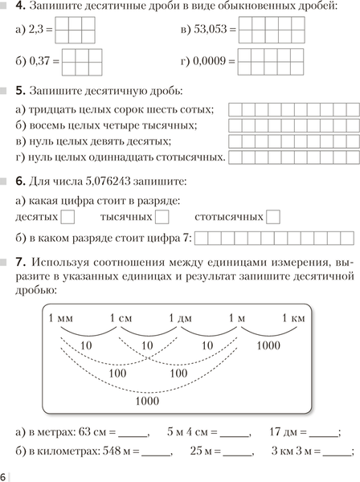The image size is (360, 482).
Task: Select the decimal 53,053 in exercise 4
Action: tap(214, 32)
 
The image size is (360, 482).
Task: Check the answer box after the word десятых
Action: tap(68, 216)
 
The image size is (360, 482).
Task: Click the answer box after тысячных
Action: tap(162, 216)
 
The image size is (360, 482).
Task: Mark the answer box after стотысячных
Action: tap(273, 216)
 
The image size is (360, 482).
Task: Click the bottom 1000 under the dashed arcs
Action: tap(147, 400)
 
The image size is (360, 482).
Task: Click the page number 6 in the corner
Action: tap(4, 475)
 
